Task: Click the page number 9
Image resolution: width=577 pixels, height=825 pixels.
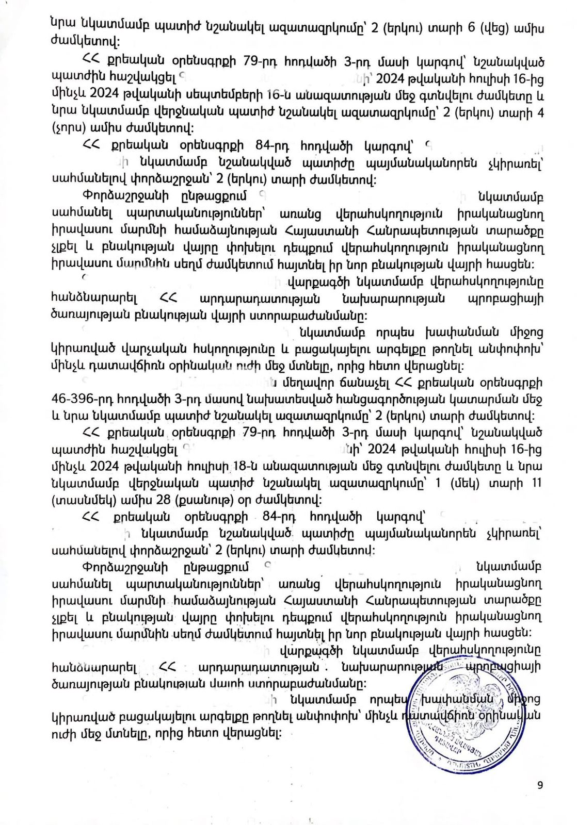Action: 540,785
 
